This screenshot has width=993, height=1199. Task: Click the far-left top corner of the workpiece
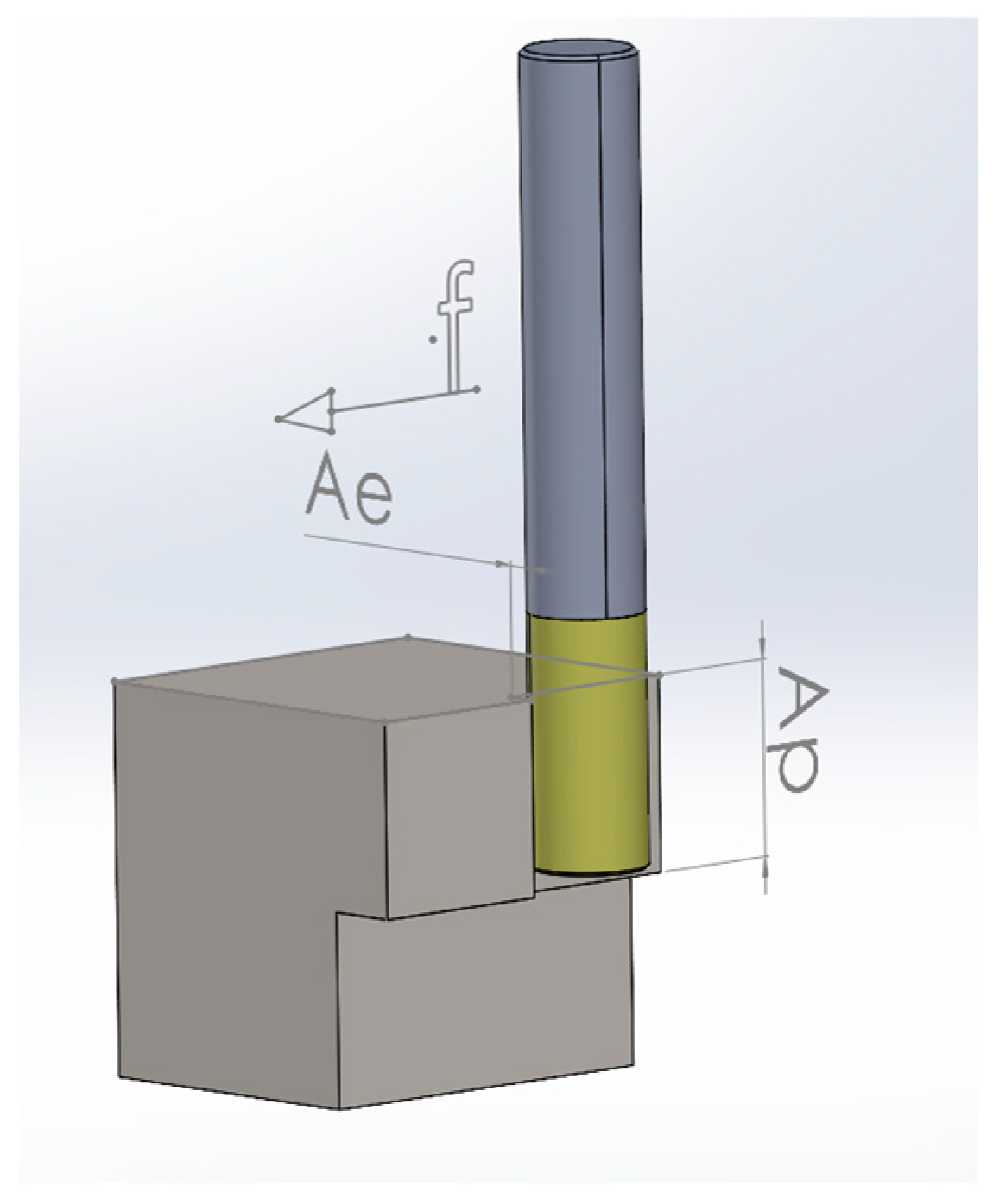point(115,682)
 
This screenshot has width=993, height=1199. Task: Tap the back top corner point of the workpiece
point(408,638)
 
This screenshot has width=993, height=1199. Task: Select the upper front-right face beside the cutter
point(458,812)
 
